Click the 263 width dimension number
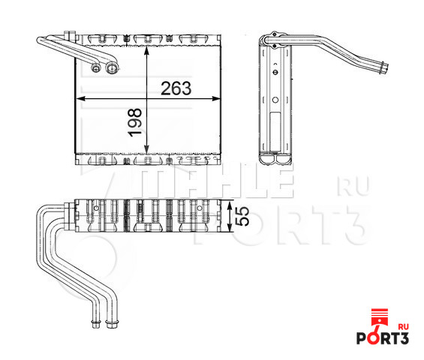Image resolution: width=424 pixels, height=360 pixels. pyautogui.click(x=176, y=88)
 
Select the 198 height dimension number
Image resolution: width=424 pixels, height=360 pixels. pyautogui.click(x=134, y=122)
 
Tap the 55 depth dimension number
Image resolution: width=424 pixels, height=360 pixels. pyautogui.click(x=242, y=217)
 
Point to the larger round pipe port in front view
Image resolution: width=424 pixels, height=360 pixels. pyautogui.click(x=113, y=69)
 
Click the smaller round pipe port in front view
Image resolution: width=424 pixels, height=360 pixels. pyautogui.click(x=96, y=69)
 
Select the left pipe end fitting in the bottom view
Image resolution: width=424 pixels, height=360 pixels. pyautogui.click(x=95, y=323)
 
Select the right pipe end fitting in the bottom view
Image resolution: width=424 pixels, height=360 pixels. pyautogui.click(x=113, y=323)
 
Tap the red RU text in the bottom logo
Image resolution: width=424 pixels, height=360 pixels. pyautogui.click(x=402, y=327)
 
